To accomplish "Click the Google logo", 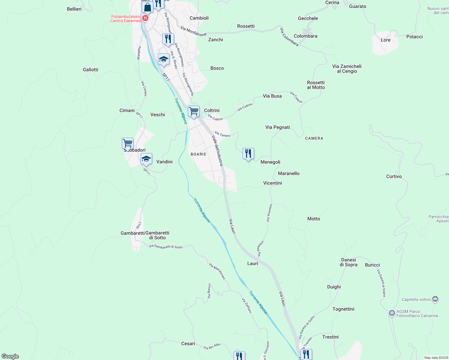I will click(10, 356).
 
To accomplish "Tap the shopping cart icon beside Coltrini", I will click(194, 111).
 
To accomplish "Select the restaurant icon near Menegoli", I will click(248, 154).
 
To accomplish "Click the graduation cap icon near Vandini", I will click(146, 159).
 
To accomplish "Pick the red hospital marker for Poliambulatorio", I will click(145, 18).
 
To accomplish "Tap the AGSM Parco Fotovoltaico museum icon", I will click(392, 313).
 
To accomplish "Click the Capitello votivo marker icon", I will click(435, 299).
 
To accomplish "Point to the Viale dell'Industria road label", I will click(217, 151).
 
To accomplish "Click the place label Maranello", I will click(288, 173).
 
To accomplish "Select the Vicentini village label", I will click(273, 183).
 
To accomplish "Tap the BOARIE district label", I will click(198, 154).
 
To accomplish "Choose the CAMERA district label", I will click(314, 138).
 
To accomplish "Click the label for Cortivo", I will click(394, 176).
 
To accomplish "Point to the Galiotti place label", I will click(90, 70).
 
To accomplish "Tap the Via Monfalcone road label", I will click(194, 31).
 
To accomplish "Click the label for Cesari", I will click(188, 343).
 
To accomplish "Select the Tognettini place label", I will click(343, 309).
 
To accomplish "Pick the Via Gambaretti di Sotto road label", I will click(165, 247).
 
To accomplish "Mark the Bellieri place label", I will click(74, 9).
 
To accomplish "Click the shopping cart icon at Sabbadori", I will click(128, 143).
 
